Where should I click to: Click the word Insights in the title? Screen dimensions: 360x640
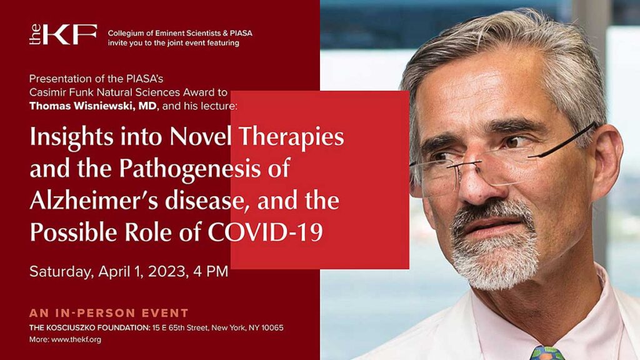coord(62,137)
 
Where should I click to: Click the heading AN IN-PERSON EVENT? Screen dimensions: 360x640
coord(109,312)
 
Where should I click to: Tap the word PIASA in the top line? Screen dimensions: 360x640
coord(239,33)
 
